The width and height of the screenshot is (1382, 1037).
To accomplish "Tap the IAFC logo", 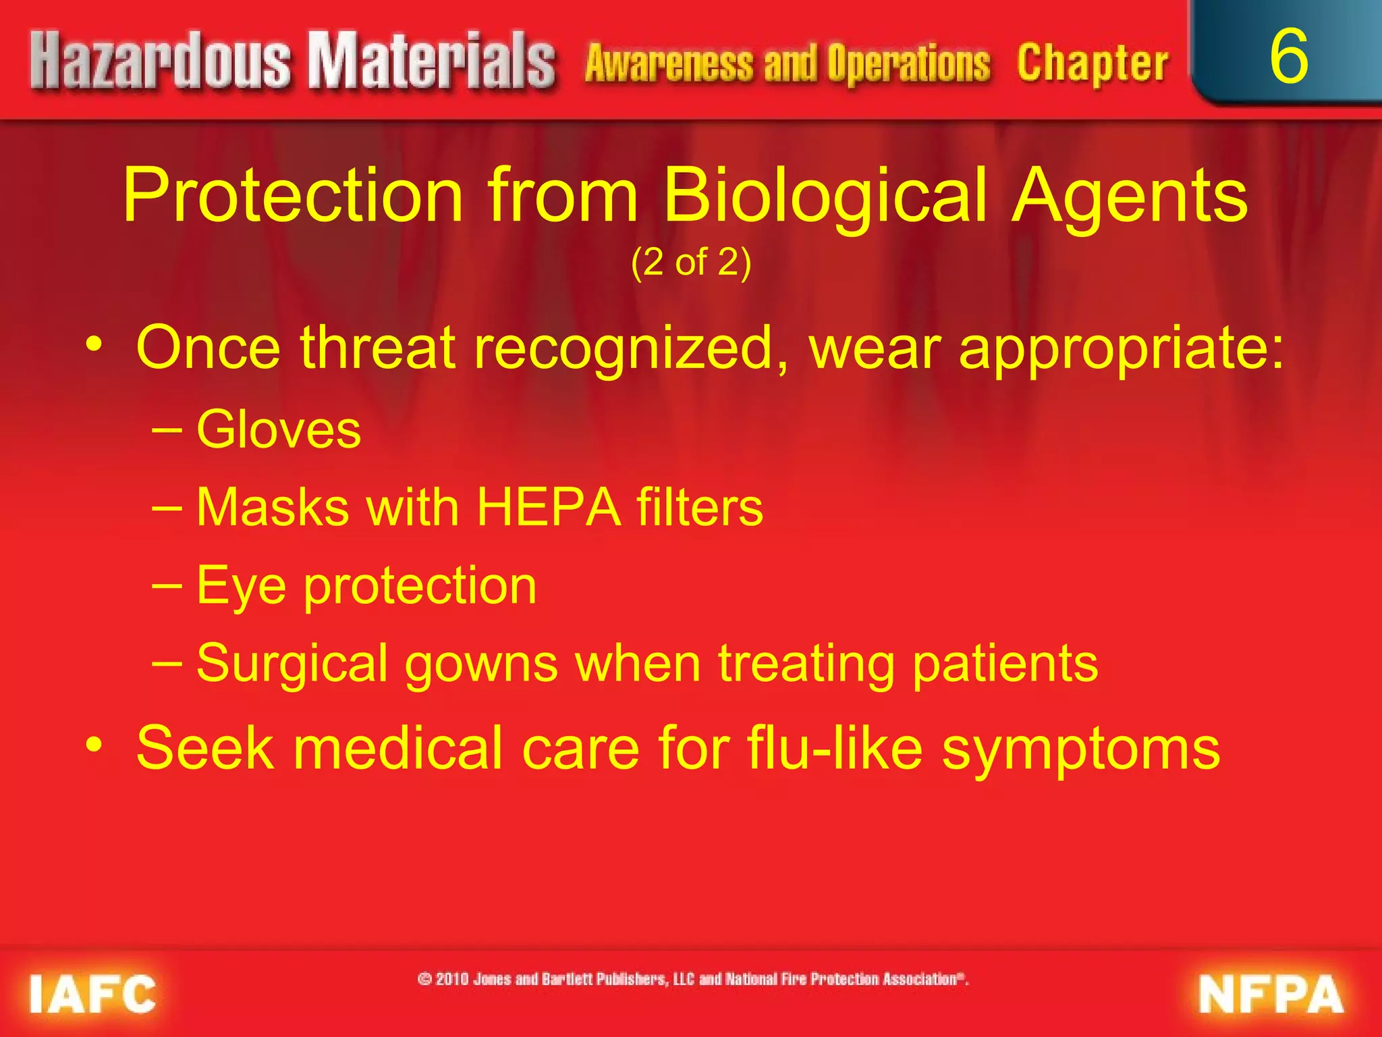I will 92,994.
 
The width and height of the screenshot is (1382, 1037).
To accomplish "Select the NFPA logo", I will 1271,994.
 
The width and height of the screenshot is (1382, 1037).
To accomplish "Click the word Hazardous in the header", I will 159,62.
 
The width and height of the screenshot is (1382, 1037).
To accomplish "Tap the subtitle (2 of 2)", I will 691,262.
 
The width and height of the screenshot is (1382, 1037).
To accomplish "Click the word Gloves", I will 279,429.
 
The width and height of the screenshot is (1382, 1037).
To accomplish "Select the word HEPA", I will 549,507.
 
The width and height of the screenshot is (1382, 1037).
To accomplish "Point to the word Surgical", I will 292,664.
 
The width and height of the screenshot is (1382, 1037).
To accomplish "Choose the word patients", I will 1005,664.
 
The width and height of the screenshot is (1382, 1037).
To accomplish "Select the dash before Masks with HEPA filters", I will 167,508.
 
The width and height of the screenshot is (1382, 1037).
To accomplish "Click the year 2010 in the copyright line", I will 452,979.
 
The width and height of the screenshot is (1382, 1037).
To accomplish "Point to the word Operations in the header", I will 908,63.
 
